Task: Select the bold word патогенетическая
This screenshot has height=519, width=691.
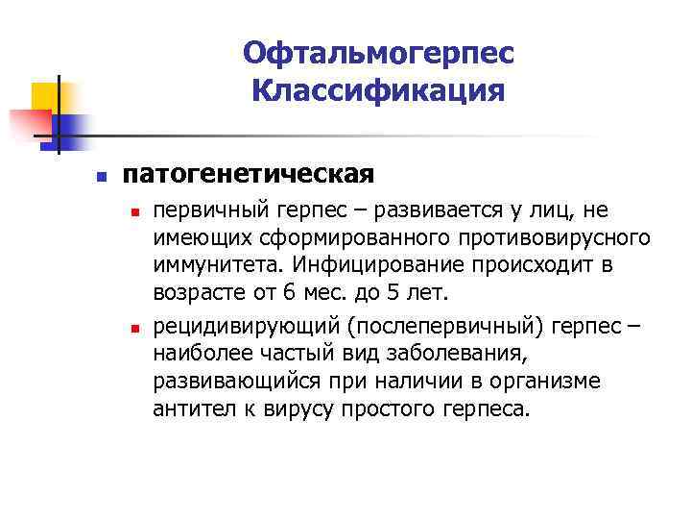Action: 248,175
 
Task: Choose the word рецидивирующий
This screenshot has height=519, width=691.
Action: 226,328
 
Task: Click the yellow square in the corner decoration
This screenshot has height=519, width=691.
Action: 45,96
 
